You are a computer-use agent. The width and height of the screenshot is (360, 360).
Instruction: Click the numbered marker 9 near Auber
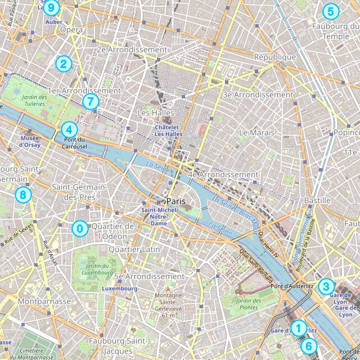(51, 8)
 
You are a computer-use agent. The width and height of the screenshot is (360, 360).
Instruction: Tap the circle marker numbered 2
(63, 64)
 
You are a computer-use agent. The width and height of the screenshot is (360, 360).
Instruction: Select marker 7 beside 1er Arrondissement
(90, 101)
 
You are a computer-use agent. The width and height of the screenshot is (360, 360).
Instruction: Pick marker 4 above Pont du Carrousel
(67, 129)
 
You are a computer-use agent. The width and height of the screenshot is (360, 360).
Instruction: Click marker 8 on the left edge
(22, 195)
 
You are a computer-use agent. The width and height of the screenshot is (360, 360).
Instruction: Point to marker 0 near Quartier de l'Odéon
(80, 228)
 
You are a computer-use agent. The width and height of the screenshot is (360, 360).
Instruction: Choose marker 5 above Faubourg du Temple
(330, 11)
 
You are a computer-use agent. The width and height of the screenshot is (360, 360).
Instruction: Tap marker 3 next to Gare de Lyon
(326, 286)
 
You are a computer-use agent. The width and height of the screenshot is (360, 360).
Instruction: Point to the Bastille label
(317, 200)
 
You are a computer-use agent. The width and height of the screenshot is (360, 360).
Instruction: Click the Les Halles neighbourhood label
(154, 113)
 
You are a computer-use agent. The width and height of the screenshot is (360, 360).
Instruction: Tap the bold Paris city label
(176, 201)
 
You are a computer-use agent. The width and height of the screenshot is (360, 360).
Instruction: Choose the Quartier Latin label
(134, 249)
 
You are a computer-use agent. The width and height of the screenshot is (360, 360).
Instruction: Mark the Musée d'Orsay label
(29, 141)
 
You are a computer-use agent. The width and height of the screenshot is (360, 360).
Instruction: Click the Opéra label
(71, 29)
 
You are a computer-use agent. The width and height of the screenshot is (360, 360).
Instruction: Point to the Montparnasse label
(44, 301)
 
